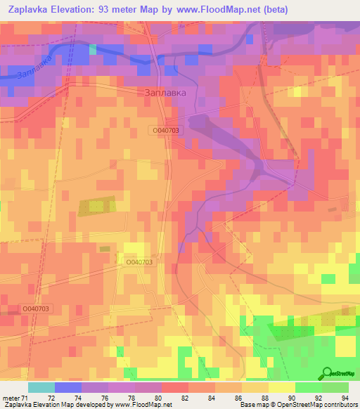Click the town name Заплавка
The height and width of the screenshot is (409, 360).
pyautogui.click(x=165, y=92)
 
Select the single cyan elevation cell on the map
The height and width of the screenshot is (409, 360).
pyautogui.click(x=93, y=49)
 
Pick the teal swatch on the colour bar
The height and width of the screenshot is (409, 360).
pyautogui.click(x=41, y=387)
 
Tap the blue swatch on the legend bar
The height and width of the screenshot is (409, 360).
pyautogui.click(x=68, y=387)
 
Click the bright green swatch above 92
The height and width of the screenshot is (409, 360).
pyautogui.click(x=308, y=387)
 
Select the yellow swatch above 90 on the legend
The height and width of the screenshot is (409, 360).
pyautogui.click(x=281, y=387)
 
